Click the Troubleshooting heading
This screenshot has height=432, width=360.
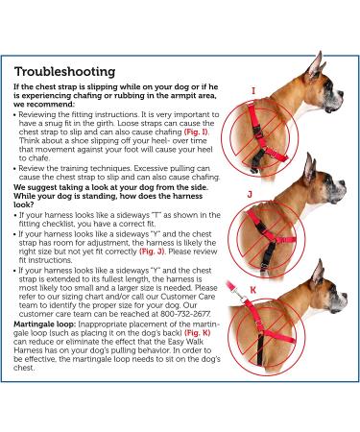pyautogui.click(x=64, y=71)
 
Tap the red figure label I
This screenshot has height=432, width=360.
pyautogui.click(x=253, y=91)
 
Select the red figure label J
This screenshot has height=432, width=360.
pyautogui.click(x=250, y=194)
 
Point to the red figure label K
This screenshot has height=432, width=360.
pyautogui.click(x=253, y=290)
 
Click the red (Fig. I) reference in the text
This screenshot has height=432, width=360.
pyautogui.click(x=196, y=132)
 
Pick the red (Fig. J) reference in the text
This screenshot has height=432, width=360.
pyautogui.click(x=152, y=252)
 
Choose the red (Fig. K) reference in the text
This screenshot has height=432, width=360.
pyautogui.click(x=198, y=333)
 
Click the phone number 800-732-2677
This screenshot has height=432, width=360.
pyautogui.click(x=186, y=314)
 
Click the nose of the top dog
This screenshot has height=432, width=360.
pyautogui.click(x=341, y=95)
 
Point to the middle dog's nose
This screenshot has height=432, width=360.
pyautogui.click(x=343, y=183)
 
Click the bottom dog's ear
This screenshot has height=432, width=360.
pyautogui.click(x=317, y=274)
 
